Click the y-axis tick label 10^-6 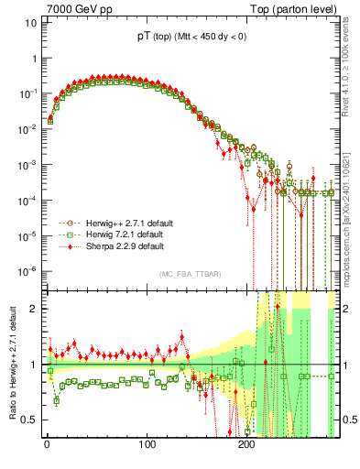pyautogui.click(x=25, y=271)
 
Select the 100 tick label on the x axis pyautogui.click(x=147, y=445)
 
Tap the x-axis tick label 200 pyautogui.click(x=245, y=445)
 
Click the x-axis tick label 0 pyautogui.click(x=47, y=445)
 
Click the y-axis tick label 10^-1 pyautogui.click(x=25, y=93)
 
